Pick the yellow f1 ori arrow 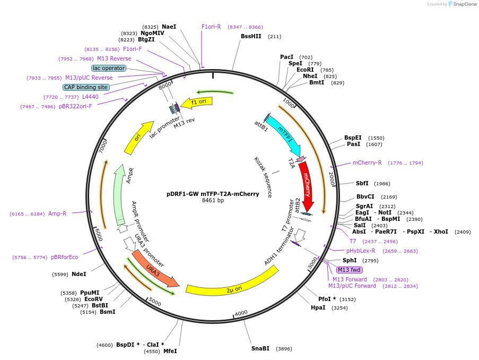point(197,102)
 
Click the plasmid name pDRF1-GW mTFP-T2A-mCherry point(213,194)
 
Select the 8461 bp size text point(213,201)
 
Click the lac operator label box point(108,68)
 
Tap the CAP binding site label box point(86,87)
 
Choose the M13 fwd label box point(350,270)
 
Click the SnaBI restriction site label point(260,348)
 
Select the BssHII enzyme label point(251,36)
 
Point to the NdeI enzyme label point(79,274)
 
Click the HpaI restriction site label point(318,307)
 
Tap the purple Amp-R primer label point(57,213)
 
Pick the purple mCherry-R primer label point(367,162)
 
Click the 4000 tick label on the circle point(241,313)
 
